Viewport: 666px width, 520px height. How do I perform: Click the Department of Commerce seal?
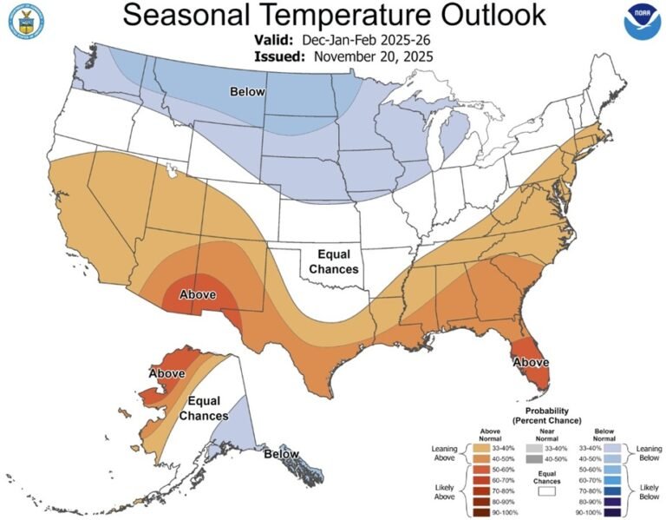pyautogui.click(x=25, y=22)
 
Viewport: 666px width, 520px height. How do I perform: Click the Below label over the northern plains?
pyautogui.click(x=247, y=91)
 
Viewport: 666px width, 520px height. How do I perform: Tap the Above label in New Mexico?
pyautogui.click(x=197, y=294)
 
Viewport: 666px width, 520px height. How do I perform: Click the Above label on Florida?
pyautogui.click(x=531, y=361)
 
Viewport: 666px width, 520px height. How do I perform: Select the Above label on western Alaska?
pyautogui.click(x=166, y=373)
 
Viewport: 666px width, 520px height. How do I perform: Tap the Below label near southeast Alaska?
pyautogui.click(x=281, y=453)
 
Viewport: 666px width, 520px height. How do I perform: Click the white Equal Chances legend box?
pyautogui.click(x=547, y=490)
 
